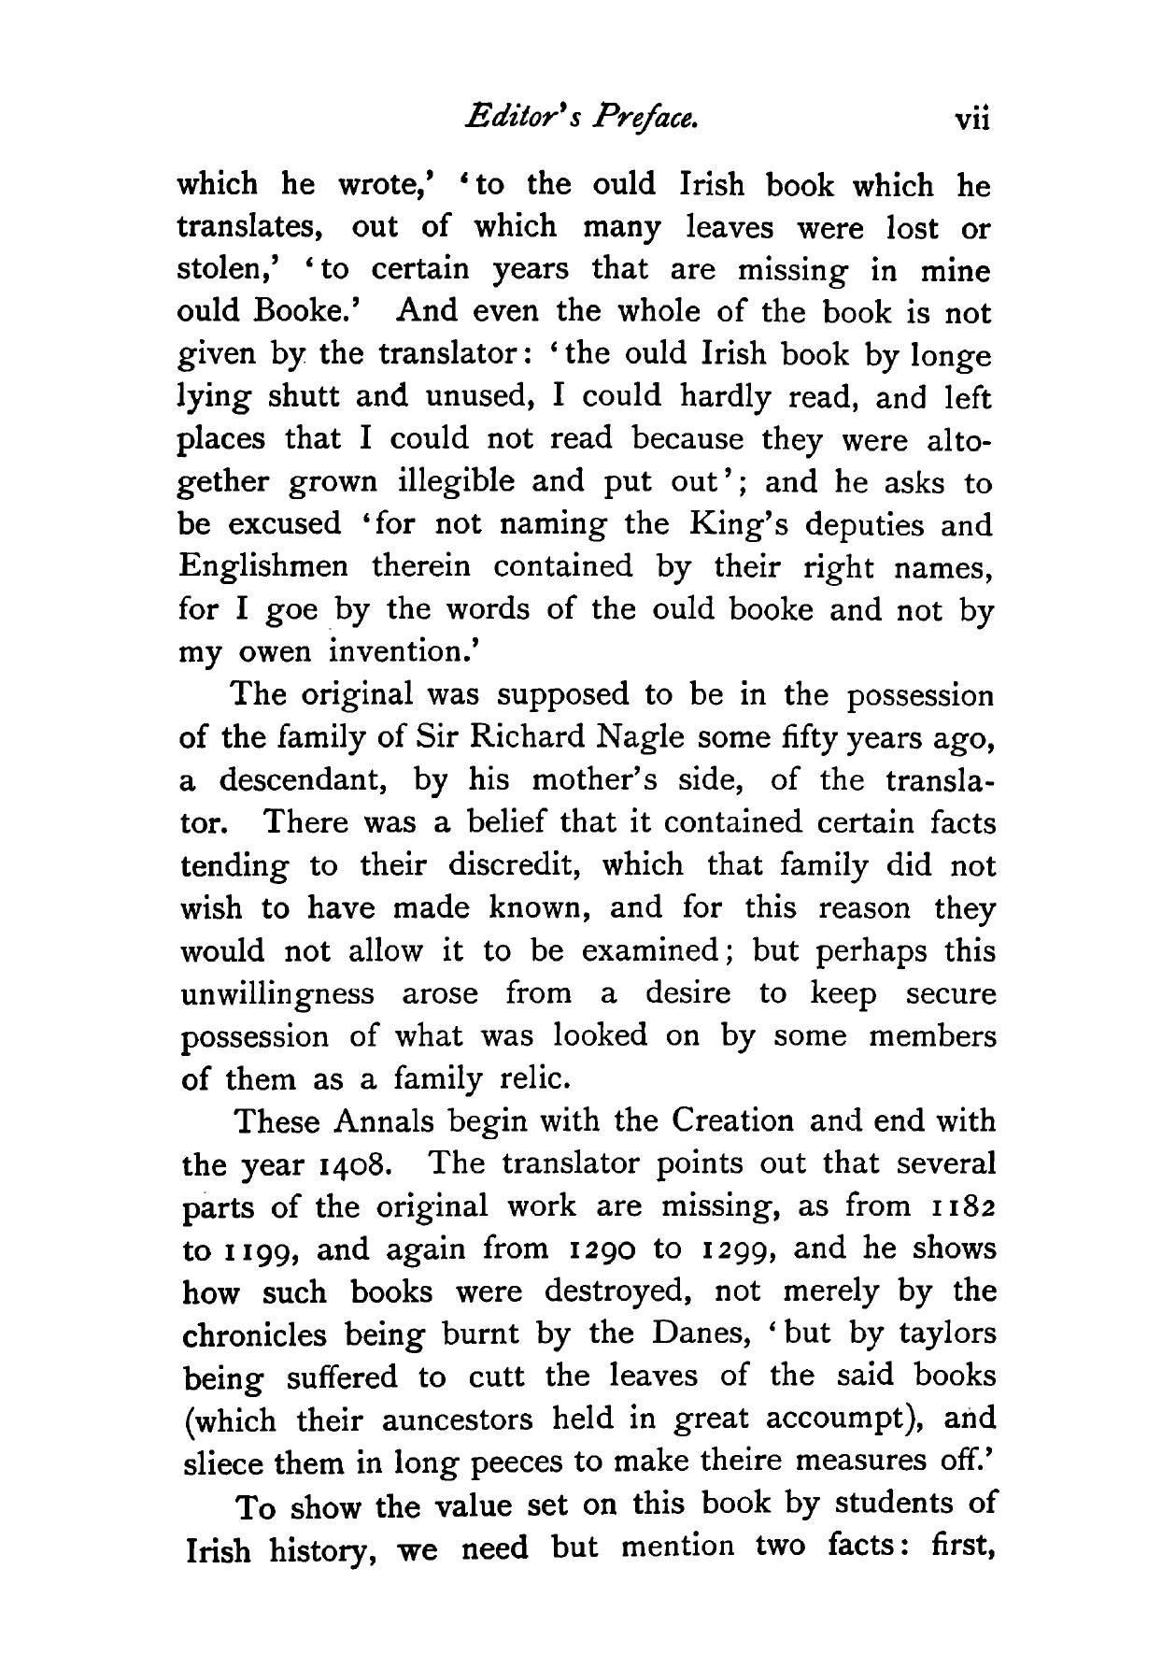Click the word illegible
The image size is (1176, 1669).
(456, 482)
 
